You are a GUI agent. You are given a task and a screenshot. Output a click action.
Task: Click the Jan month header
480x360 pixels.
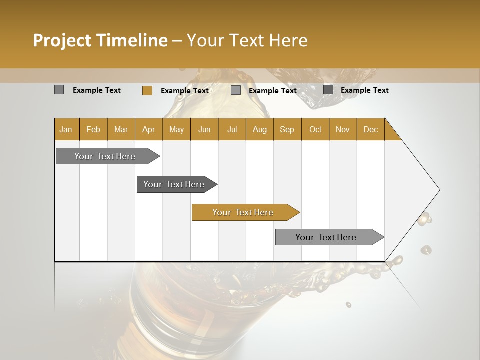(x=66, y=129)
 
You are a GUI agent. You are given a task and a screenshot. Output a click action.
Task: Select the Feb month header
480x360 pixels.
(x=93, y=129)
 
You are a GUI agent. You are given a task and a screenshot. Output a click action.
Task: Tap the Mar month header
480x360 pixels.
(x=121, y=129)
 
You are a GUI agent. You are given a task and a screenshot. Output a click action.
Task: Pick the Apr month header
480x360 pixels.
(x=149, y=129)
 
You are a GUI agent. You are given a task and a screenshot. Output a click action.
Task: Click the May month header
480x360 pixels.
(x=176, y=129)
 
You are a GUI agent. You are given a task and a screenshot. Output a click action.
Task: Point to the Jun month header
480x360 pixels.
(x=204, y=129)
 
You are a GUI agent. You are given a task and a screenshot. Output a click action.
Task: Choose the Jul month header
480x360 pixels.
(x=232, y=129)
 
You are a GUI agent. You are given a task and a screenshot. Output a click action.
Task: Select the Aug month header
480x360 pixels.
(x=260, y=129)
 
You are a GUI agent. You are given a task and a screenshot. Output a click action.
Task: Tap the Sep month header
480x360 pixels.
(x=287, y=129)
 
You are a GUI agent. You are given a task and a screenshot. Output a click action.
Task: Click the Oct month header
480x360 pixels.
(x=315, y=129)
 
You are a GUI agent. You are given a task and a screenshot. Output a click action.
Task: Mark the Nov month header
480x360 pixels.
(x=343, y=129)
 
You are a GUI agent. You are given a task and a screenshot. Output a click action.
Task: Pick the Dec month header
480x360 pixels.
(x=371, y=129)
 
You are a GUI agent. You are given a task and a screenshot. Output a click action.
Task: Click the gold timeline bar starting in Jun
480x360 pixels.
(x=243, y=212)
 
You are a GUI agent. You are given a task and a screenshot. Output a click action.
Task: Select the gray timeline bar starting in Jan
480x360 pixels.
(x=105, y=156)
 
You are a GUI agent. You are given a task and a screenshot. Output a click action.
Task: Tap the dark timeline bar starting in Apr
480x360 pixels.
(x=174, y=184)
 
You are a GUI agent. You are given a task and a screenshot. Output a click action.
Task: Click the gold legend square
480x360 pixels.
(x=147, y=90)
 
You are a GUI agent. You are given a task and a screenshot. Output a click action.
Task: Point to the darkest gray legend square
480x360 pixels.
(x=328, y=90)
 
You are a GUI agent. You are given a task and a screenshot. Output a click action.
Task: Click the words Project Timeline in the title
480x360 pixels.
(x=100, y=40)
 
